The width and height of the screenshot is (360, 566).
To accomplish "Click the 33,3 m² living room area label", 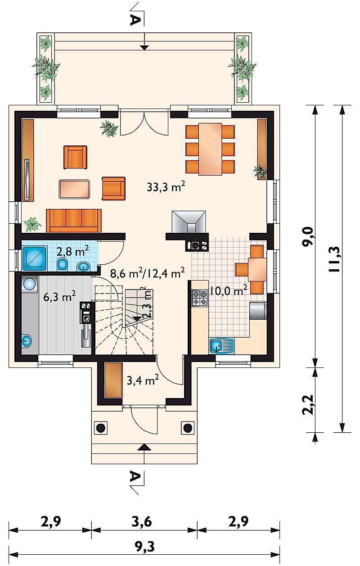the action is pyautogui.click(x=166, y=187).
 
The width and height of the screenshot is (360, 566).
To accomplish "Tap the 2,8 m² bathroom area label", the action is pyautogui.click(x=72, y=251).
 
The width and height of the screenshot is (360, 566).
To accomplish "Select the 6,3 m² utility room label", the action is pyautogui.click(x=59, y=296).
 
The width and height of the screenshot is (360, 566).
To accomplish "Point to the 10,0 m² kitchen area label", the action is pyautogui.click(x=227, y=290).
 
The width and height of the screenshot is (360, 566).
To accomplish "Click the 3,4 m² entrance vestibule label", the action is pyautogui.click(x=143, y=380).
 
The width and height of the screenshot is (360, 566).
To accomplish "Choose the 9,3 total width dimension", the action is pyautogui.click(x=144, y=547).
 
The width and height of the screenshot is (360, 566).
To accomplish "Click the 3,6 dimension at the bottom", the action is pyautogui.click(x=142, y=521).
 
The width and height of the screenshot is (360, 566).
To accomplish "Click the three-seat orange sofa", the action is pyautogui.click(x=74, y=220).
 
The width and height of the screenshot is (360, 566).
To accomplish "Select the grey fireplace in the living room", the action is pyautogui.click(x=189, y=222).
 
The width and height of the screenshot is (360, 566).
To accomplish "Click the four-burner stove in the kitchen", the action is pyautogui.click(x=200, y=298).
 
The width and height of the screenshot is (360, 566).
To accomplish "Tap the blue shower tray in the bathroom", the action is pyautogui.click(x=35, y=258).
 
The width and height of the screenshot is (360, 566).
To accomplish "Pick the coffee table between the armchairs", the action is pyautogui.click(x=74, y=189).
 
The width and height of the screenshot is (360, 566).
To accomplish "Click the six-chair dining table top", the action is pyautogui.click(x=210, y=149).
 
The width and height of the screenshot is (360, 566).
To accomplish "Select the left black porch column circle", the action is pyautogui.click(x=101, y=428).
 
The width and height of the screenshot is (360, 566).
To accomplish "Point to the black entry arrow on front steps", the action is pyautogui.click(x=144, y=447).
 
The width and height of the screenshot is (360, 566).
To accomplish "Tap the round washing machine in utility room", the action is pyautogui.click(x=29, y=284).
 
